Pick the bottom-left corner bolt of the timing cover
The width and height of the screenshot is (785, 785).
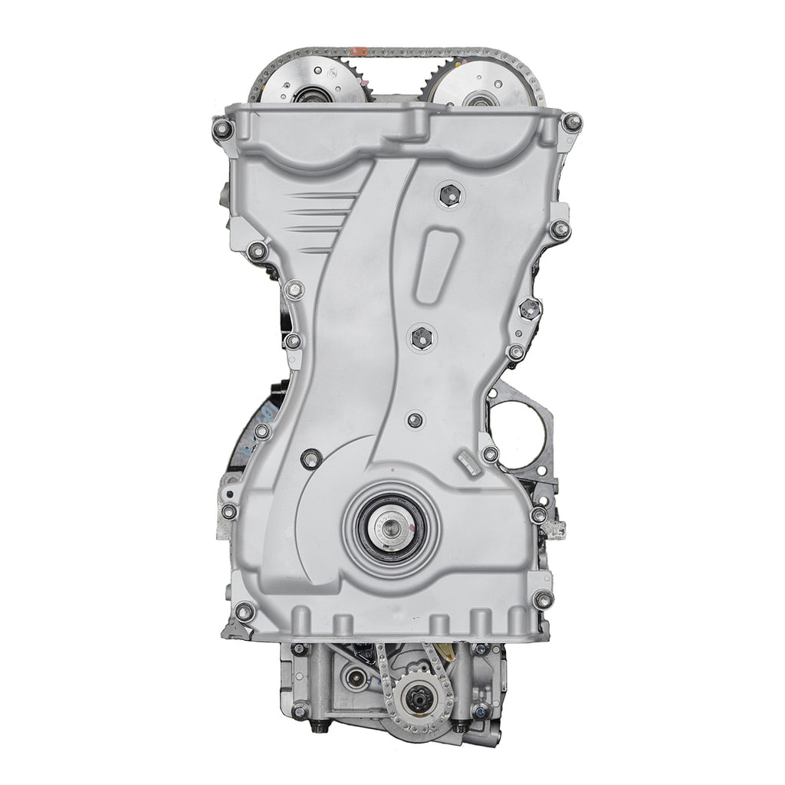point(244,611)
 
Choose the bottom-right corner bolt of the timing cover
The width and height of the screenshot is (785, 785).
point(544,599)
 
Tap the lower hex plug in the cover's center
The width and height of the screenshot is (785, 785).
point(423,335)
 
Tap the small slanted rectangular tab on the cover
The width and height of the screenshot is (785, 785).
point(466,462)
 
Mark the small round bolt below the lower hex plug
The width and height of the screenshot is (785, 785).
point(415,419)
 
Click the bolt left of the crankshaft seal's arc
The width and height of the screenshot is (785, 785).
point(309,459)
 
